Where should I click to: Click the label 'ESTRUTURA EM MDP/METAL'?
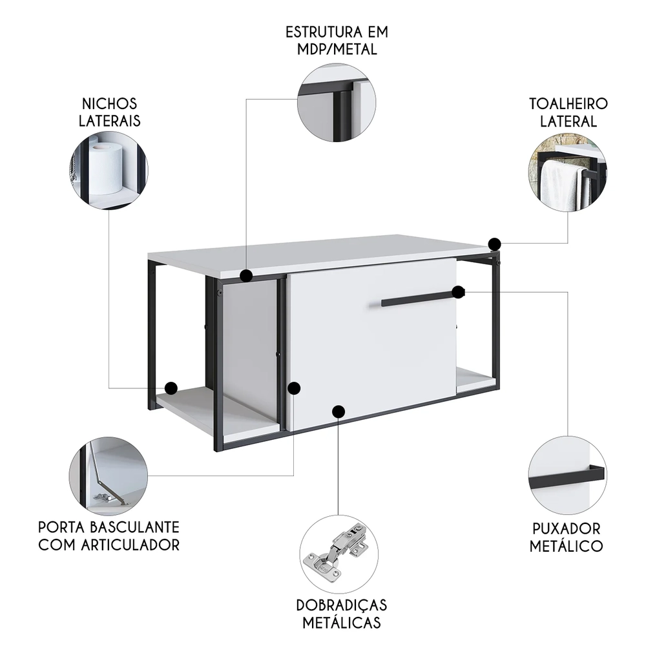pos(337,40)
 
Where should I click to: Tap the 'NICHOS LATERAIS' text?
pos(109,112)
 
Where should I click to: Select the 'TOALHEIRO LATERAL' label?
pos(568,112)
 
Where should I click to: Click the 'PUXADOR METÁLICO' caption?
pos(567,537)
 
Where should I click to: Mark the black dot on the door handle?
pos(458,292)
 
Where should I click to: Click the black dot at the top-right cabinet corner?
pos(494,244)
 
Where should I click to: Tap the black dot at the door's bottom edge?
pos(338,411)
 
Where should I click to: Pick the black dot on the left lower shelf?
pos(171,388)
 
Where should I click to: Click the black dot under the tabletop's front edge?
pos(245,276)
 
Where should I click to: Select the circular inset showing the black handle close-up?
pos(567,473)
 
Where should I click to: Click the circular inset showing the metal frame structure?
pos(337,103)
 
